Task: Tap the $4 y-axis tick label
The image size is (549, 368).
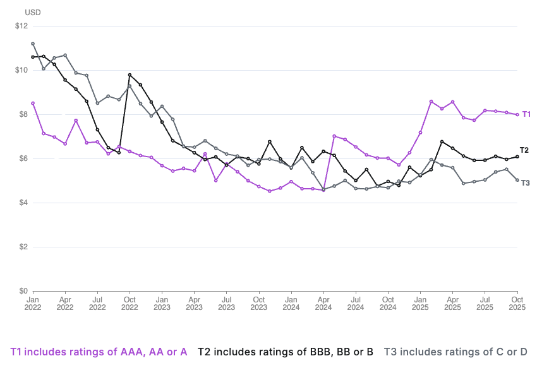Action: (x=24, y=203)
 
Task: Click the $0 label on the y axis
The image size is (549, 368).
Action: (x=24, y=291)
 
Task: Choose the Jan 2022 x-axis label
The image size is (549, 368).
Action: (x=33, y=303)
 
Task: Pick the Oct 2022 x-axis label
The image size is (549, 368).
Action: (x=130, y=303)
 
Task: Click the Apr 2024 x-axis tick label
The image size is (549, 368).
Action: (x=323, y=303)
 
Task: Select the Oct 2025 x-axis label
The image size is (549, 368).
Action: (x=517, y=303)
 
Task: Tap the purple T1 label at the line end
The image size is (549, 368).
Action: (x=526, y=114)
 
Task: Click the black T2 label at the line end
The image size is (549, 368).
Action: (x=524, y=150)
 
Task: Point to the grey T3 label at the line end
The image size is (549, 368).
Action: (x=525, y=182)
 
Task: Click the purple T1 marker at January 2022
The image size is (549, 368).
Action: (x=33, y=103)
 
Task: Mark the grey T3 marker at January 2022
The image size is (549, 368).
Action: (x=33, y=44)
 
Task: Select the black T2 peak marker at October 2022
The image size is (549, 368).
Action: (x=130, y=74)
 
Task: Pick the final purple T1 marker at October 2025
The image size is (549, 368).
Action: (x=517, y=114)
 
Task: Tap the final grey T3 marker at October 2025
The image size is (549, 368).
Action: (x=517, y=180)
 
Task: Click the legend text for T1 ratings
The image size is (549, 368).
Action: (x=99, y=352)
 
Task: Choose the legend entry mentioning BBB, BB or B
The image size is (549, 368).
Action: (x=286, y=352)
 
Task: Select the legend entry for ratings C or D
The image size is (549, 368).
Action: (x=455, y=352)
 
